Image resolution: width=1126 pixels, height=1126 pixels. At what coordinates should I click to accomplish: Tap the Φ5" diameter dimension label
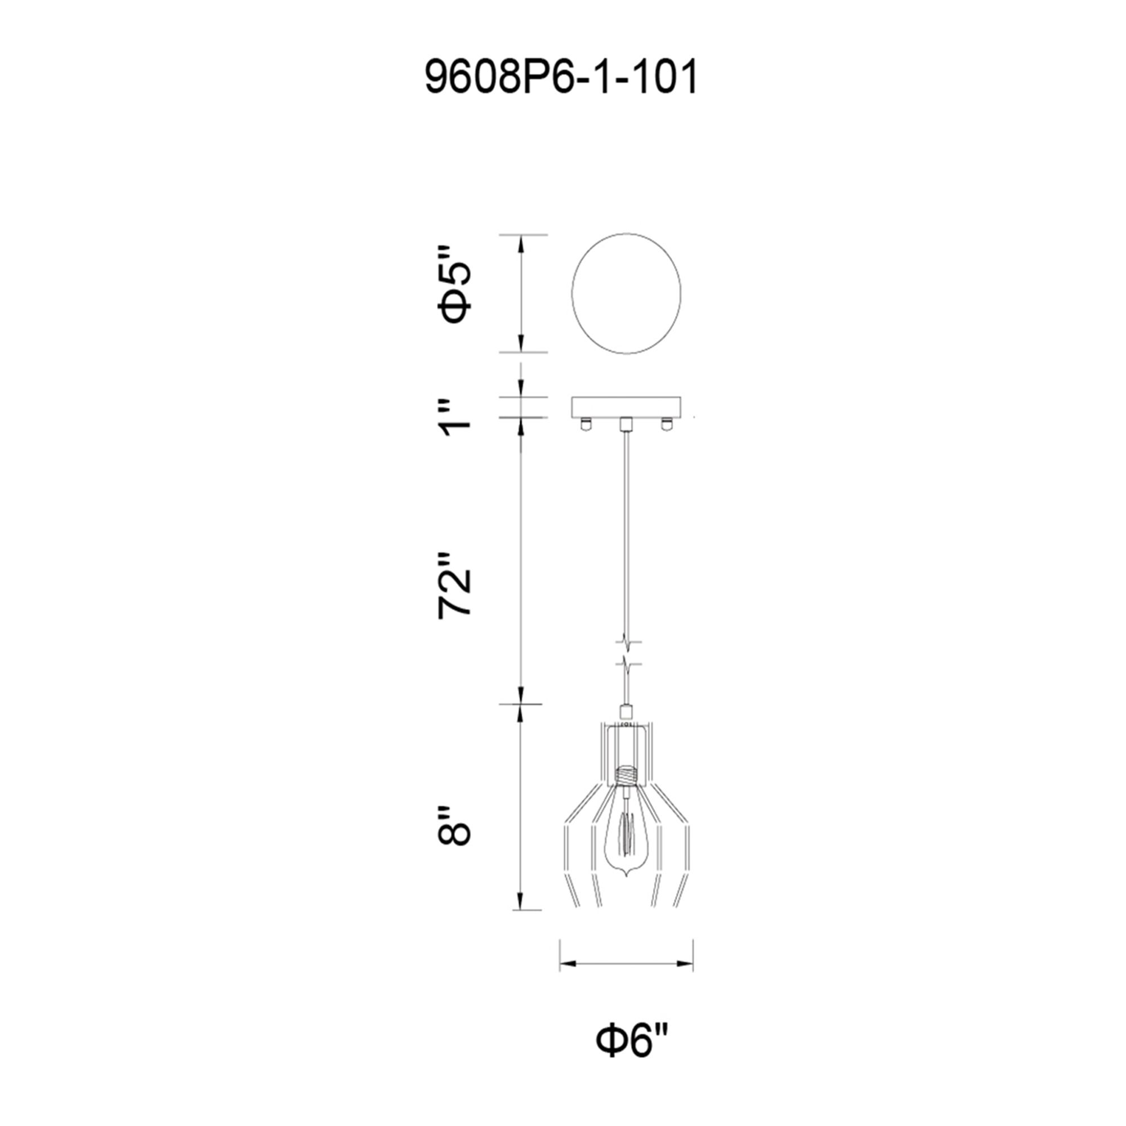pos(455,293)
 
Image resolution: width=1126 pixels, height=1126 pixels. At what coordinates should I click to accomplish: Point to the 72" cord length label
pos(455,584)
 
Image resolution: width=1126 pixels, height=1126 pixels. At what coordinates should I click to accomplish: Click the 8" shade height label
pos(455,826)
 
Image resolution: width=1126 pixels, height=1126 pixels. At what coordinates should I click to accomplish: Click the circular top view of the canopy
pos(626,293)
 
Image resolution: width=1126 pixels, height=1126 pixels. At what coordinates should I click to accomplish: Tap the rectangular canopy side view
pos(626,407)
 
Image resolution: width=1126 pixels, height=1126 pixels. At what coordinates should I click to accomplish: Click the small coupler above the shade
pos(626,711)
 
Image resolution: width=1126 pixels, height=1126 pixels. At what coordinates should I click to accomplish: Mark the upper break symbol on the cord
pos(626,643)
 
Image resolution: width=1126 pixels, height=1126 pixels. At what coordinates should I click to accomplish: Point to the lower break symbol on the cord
pos(626,664)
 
